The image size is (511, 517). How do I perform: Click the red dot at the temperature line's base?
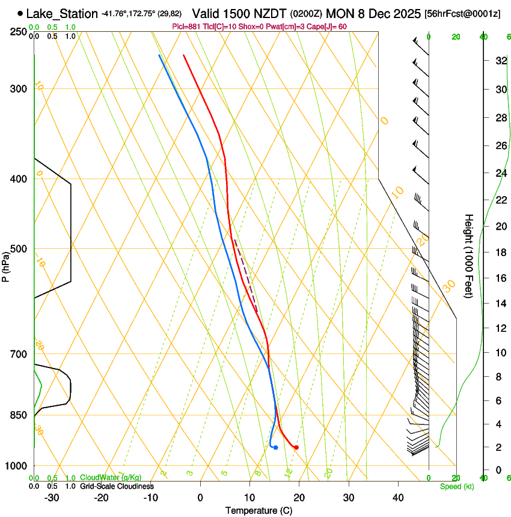point(296,447)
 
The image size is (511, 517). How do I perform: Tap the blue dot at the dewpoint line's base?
point(275,447)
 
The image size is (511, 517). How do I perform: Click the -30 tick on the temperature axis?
point(52,498)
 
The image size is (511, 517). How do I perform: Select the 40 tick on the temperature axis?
point(397,498)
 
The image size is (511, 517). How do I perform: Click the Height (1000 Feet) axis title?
point(470,256)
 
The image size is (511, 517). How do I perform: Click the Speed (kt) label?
point(456,486)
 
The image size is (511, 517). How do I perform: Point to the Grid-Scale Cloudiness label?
point(117,486)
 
